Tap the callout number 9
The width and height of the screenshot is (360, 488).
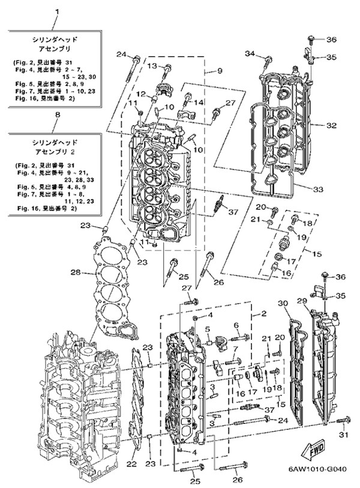point(220,71)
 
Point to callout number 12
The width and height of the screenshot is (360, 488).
point(139,94)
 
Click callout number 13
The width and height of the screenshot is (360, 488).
point(152,65)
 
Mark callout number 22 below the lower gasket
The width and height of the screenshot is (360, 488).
point(133,464)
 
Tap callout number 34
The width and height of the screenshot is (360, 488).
point(251,55)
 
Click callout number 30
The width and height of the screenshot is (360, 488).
point(283,303)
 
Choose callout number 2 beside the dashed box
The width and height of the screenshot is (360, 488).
point(263,314)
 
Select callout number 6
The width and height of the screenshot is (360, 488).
point(236,326)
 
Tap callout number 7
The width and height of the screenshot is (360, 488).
point(236,349)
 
